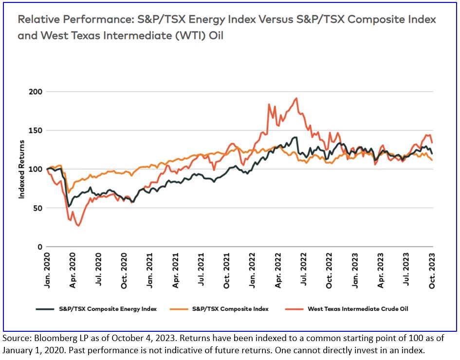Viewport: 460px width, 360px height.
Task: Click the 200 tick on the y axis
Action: [x=37, y=92]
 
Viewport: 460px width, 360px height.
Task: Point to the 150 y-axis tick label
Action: [x=37, y=130]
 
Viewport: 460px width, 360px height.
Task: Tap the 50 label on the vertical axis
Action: [x=38, y=208]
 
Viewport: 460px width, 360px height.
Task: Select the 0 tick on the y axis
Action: [x=40, y=247]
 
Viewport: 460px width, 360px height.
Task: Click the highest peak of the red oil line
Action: [x=296, y=98]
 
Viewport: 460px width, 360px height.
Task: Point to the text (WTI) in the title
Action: [x=182, y=36]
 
